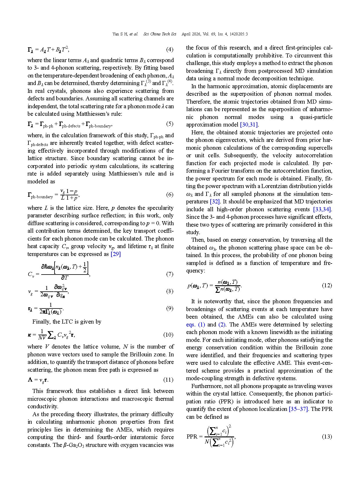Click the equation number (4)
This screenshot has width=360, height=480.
170,50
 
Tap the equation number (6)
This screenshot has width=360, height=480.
170,195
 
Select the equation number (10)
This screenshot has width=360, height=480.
168,335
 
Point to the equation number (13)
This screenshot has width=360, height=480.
327,437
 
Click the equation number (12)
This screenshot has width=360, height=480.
327,286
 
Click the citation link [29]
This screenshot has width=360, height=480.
116,254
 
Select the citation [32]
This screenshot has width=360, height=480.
215,202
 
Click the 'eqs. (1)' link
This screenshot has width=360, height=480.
196,325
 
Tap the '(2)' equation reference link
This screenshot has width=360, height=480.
222,325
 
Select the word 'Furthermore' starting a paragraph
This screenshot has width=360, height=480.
205,386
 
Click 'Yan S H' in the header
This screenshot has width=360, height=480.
120,34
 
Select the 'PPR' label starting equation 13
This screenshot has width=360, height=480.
192,437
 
